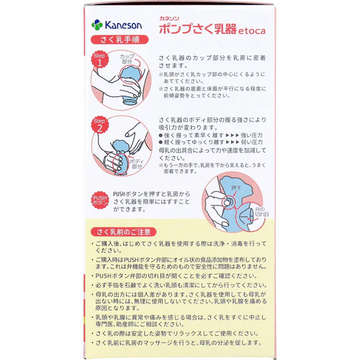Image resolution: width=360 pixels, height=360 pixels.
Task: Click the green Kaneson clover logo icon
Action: [x=97, y=24]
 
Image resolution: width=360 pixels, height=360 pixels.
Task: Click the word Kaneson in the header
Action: [x=124, y=25]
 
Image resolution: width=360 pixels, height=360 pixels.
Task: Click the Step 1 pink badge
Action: [x=99, y=60]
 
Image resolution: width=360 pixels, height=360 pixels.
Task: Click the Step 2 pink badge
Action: [x=99, y=125]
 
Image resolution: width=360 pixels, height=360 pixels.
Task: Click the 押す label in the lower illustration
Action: [x=235, y=187]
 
